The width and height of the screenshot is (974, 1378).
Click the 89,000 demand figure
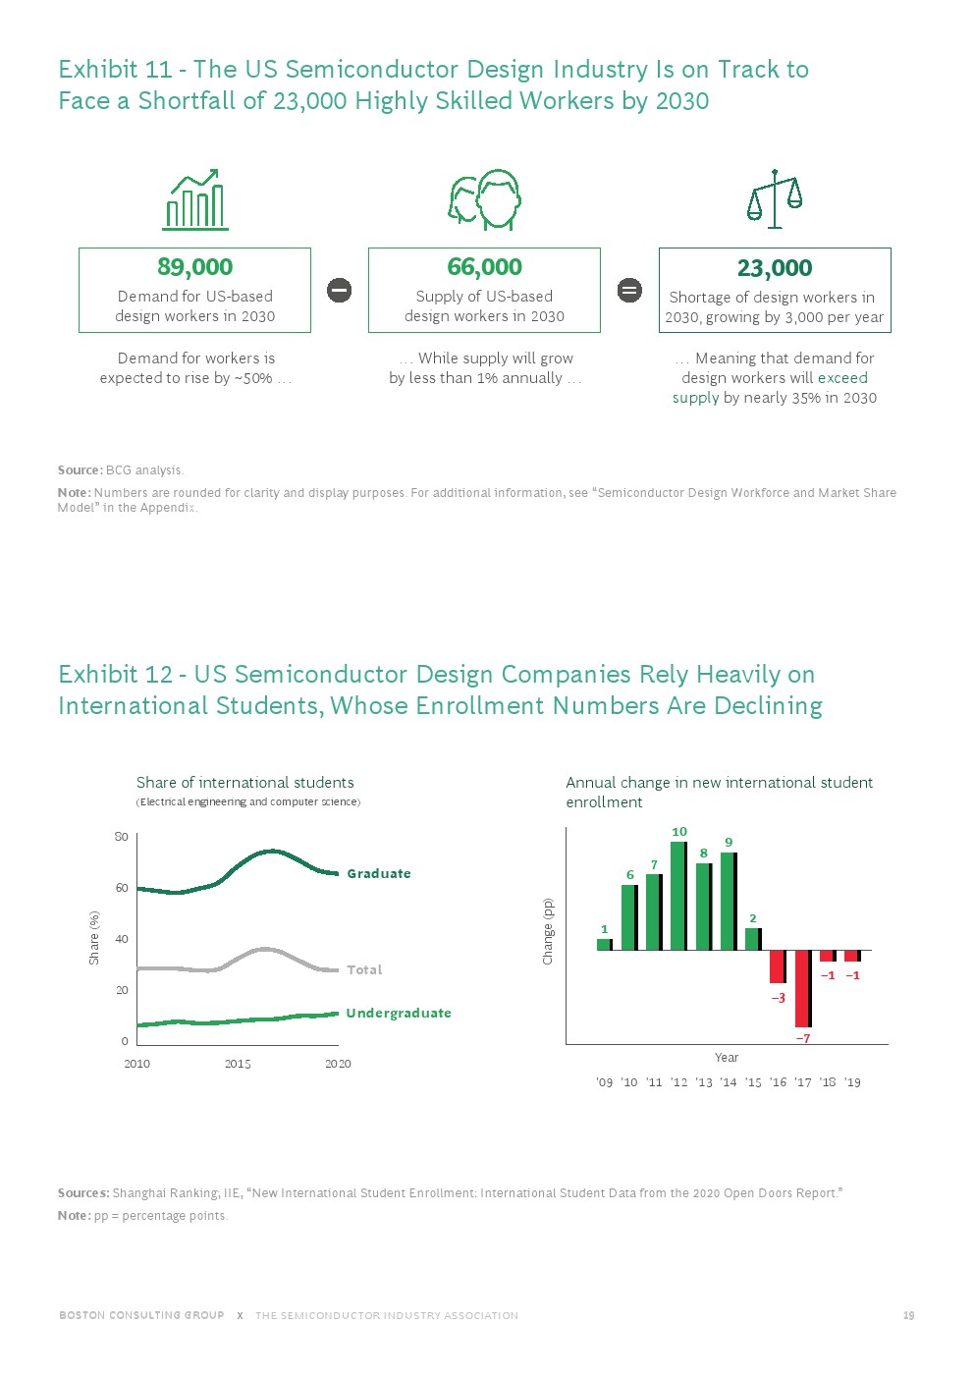pyautogui.click(x=194, y=267)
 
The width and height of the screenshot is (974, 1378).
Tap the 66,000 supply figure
pyautogui.click(x=484, y=267)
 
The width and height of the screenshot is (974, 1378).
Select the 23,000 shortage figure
pyautogui.click(x=775, y=268)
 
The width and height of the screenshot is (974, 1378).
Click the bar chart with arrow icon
pyautogui.click(x=195, y=199)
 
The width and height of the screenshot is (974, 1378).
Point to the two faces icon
pyautogui.click(x=484, y=199)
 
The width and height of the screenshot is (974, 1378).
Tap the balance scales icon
pyautogui.click(x=775, y=199)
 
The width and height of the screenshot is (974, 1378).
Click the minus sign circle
pyautogui.click(x=339, y=290)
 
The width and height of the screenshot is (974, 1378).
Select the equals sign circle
pyautogui.click(x=629, y=290)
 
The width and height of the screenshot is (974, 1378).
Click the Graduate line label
pyautogui.click(x=379, y=873)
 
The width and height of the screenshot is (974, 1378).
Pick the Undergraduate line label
pyautogui.click(x=399, y=1013)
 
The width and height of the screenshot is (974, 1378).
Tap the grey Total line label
pyautogui.click(x=364, y=969)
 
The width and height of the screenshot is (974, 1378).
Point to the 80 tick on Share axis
pyautogui.click(x=122, y=837)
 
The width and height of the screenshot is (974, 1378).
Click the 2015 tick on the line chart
pyautogui.click(x=238, y=1064)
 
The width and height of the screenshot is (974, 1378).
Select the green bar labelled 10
pyautogui.click(x=678, y=896)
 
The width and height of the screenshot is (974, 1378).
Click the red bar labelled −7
pyautogui.click(x=802, y=988)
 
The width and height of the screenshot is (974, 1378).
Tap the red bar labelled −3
pyautogui.click(x=778, y=966)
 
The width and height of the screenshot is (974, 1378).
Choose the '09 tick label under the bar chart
pyautogui.click(x=605, y=1082)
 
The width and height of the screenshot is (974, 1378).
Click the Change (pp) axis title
pyautogui.click(x=548, y=931)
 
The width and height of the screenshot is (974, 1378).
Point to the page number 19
pyautogui.click(x=909, y=1315)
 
